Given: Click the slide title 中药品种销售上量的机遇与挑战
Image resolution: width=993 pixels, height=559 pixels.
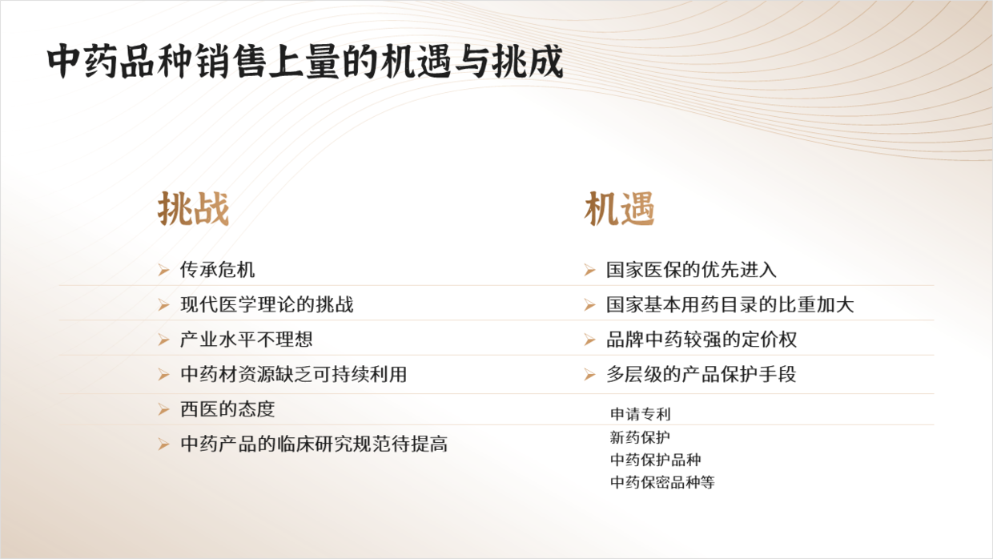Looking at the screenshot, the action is pyautogui.click(x=305, y=61).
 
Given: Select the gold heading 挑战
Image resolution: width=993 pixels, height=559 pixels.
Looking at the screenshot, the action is pyautogui.click(x=193, y=209).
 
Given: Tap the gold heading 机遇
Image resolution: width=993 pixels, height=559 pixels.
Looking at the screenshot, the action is pyautogui.click(x=619, y=209).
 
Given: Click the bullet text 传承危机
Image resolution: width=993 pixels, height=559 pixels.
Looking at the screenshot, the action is pyautogui.click(x=217, y=270).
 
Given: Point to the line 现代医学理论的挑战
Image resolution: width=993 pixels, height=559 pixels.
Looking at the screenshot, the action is pyautogui.click(x=267, y=304).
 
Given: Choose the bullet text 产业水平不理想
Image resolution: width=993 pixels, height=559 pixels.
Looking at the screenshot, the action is pyautogui.click(x=247, y=339).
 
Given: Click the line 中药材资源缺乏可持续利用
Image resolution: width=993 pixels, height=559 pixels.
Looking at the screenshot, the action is pyautogui.click(x=293, y=374).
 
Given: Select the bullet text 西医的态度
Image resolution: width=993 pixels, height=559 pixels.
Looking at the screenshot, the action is pyautogui.click(x=227, y=408).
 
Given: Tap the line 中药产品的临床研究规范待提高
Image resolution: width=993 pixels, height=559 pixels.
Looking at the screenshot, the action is pyautogui.click(x=314, y=444).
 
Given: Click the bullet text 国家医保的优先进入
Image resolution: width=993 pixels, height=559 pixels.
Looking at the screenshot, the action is pyautogui.click(x=691, y=270).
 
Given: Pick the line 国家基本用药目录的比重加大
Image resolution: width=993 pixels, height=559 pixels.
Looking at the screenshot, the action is pyautogui.click(x=730, y=304).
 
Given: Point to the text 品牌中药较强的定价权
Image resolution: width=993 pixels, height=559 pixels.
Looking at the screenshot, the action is pyautogui.click(x=702, y=339).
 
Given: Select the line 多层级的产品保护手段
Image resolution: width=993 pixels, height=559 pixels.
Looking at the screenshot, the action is pyautogui.click(x=702, y=374).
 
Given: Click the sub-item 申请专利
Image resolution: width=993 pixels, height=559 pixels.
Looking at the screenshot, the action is pyautogui.click(x=640, y=414).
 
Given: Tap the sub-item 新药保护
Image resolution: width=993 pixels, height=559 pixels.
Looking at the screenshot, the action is pyautogui.click(x=640, y=437).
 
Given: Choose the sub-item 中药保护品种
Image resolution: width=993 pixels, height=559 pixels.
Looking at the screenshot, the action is pyautogui.click(x=656, y=460).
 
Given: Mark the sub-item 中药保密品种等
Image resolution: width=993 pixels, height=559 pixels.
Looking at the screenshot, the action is pyautogui.click(x=662, y=482).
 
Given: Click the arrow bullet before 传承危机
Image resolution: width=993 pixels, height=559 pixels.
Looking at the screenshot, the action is pyautogui.click(x=163, y=270).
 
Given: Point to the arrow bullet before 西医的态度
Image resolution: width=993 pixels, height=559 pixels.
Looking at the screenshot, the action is pyautogui.click(x=163, y=409).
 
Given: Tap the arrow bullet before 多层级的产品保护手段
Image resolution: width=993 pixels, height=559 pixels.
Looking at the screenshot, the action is pyautogui.click(x=589, y=375).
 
